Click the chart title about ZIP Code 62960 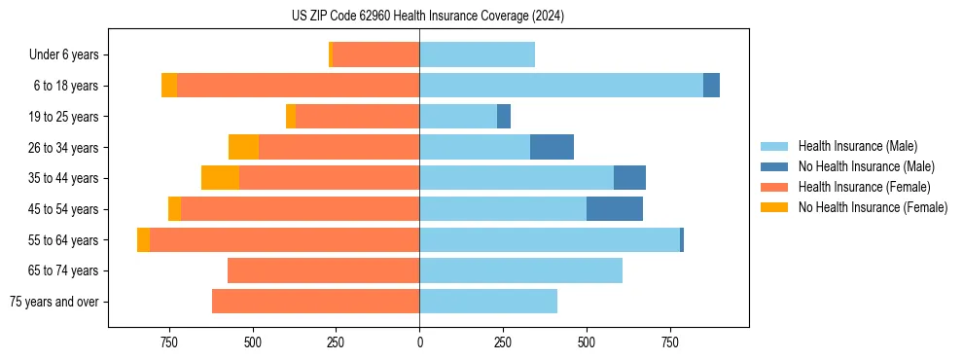[427, 17]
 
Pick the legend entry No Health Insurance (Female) [873, 207]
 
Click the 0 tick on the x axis [419, 343]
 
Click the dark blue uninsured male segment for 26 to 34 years [552, 147]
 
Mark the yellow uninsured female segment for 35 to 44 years [220, 178]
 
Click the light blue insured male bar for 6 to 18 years [561, 86]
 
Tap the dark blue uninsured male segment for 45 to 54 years [615, 209]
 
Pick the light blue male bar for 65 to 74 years [520, 270]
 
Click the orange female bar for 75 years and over [315, 302]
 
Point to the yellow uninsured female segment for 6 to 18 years [169, 86]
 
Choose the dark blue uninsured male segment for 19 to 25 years [504, 117]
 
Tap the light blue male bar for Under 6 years [477, 55]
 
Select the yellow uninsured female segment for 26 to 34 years [243, 147]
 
